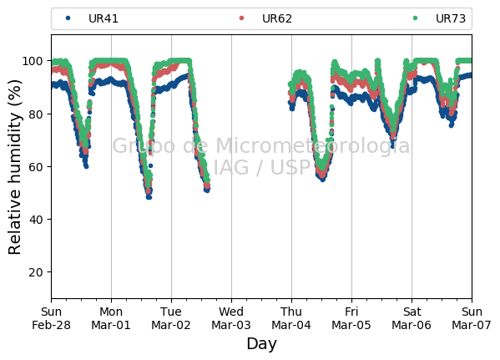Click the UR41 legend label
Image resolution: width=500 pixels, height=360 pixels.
(104, 18)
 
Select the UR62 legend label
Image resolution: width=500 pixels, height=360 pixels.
(277, 18)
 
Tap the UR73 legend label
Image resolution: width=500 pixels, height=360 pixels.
(450, 18)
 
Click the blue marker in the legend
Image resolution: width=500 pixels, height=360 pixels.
(68, 18)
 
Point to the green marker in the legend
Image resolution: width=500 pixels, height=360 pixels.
(415, 18)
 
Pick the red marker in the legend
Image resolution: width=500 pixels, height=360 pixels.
(241, 18)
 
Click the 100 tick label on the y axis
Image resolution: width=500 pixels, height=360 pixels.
(33, 61)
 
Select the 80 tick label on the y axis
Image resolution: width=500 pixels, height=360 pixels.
(36, 114)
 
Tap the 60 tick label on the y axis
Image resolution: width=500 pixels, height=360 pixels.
(36, 166)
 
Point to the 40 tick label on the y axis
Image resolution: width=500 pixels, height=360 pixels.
(36, 220)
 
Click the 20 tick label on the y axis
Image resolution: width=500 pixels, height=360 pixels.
(36, 272)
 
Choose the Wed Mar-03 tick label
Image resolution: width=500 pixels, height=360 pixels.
(231, 318)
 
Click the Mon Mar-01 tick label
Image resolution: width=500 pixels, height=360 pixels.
(111, 318)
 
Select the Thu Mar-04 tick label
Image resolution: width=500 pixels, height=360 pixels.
(291, 318)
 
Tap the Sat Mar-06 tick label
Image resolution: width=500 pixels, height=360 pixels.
(412, 318)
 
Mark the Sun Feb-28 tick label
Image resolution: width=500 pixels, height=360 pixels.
(51, 318)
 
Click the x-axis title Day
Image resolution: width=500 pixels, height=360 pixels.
(261, 344)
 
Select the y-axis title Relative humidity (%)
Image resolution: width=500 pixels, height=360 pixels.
(14, 167)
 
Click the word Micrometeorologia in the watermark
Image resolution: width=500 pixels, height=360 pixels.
(312, 146)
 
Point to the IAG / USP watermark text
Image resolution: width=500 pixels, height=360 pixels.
(261, 167)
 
